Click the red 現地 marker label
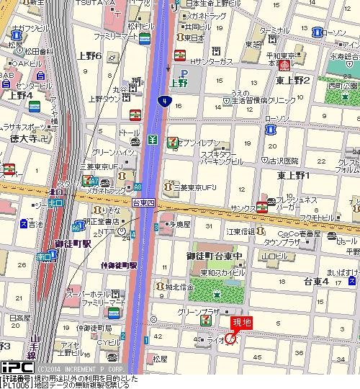pyautogui.click(x=242, y=322)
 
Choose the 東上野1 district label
pyautogui.click(x=293, y=175)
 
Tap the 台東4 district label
pyautogui.click(x=316, y=280)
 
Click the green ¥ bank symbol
pyautogui.click(x=153, y=139)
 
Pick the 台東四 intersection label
pyautogui.click(x=143, y=205)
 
